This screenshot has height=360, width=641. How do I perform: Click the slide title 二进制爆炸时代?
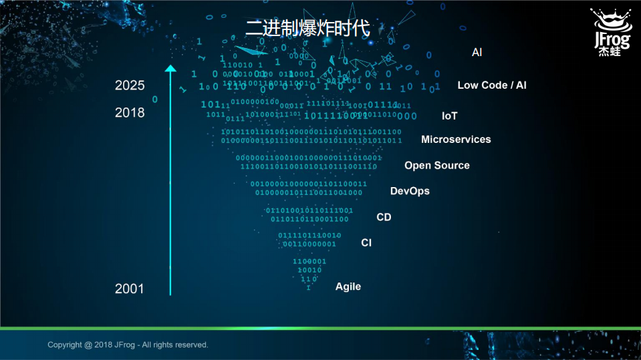click(307, 28)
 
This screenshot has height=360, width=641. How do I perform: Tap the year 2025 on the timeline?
click(130, 85)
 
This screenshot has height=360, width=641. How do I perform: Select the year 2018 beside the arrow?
click(130, 113)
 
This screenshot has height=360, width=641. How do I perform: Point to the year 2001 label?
click(130, 289)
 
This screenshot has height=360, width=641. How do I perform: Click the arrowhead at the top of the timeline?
click(170, 68)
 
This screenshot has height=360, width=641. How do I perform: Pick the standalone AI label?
click(477, 52)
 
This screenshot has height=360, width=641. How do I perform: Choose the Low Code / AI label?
click(491, 85)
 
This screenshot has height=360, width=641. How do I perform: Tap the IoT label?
click(449, 116)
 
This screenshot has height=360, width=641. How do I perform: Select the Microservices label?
click(456, 140)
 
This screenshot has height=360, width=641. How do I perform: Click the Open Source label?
click(436, 166)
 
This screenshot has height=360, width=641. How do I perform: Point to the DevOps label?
click(410, 191)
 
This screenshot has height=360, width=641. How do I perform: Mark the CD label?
click(384, 217)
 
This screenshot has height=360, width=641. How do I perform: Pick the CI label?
click(366, 243)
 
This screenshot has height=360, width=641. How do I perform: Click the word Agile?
click(348, 287)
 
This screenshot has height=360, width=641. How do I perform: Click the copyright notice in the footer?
click(128, 345)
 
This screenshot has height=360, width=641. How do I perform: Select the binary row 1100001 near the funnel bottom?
click(309, 261)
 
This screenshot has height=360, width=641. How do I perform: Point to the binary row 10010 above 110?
click(309, 270)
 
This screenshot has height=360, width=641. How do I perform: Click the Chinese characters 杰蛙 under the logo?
click(609, 51)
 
